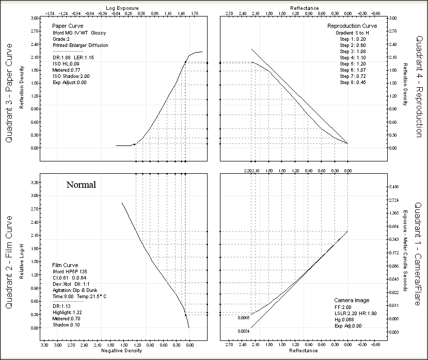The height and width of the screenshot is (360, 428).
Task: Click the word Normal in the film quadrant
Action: pos(81,184)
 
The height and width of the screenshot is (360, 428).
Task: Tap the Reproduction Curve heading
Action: pos(352,26)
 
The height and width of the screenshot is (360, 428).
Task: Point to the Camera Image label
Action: pos(351,300)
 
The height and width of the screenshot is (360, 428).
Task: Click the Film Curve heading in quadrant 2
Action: pos(66,265)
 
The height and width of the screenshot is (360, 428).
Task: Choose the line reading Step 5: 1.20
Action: pos(352,64)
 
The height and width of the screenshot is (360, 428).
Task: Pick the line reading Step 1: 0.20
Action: pos(352,39)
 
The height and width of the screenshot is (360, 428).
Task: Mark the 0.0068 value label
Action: pos(244,318)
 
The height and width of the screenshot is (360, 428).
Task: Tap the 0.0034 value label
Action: pos(244,331)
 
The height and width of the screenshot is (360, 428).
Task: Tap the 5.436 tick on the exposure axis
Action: pos(395,186)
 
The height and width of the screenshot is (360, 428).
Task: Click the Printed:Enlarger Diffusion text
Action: pos(80,45)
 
